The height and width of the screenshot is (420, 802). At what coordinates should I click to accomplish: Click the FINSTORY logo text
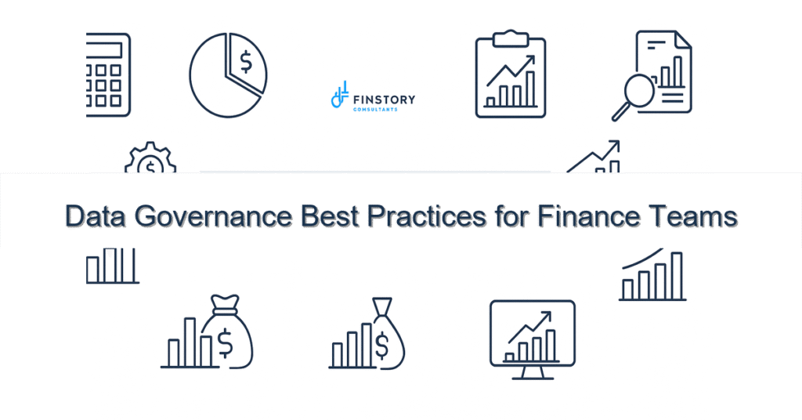[384, 100]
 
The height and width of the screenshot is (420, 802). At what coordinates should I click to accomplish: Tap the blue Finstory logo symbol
[339, 96]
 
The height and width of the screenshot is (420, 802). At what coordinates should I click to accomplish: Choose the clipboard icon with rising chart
[510, 76]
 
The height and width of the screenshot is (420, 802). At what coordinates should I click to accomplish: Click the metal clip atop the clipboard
[510, 35]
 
